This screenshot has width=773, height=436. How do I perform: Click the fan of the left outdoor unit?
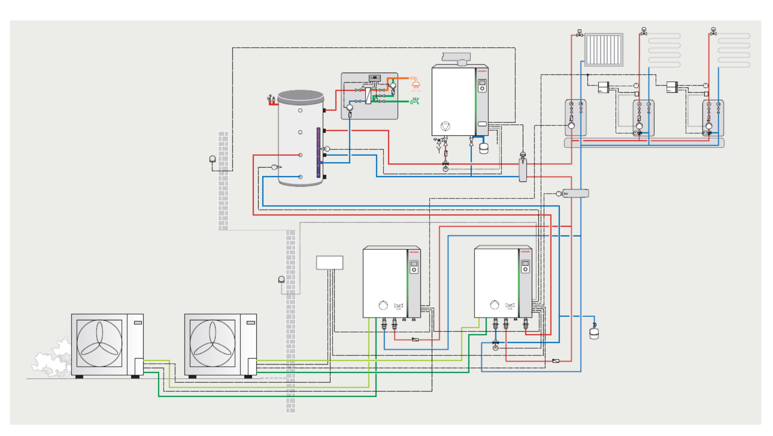point(99,343)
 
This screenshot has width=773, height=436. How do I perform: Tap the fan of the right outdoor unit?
point(212,343)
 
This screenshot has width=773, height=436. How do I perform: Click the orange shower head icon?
point(416,83)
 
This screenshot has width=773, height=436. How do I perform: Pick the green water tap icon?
point(415,101)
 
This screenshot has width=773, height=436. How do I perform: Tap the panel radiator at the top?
point(604,50)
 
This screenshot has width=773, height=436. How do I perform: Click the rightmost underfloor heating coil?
point(734,50)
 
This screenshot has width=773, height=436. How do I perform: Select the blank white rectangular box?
point(329,263)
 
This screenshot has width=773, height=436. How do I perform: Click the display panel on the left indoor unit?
point(414,267)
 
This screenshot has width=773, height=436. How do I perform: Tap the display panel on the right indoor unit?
point(525,266)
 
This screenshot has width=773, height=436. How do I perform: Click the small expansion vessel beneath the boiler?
point(484,148)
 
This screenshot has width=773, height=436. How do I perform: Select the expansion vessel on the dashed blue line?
point(594,333)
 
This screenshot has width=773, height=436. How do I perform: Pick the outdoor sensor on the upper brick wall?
point(212,159)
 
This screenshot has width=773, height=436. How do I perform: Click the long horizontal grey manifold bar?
point(644,143)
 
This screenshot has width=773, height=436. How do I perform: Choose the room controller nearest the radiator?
point(603,87)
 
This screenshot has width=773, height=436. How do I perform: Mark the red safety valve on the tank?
point(272,100)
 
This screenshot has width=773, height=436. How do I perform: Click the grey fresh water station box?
point(369,96)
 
